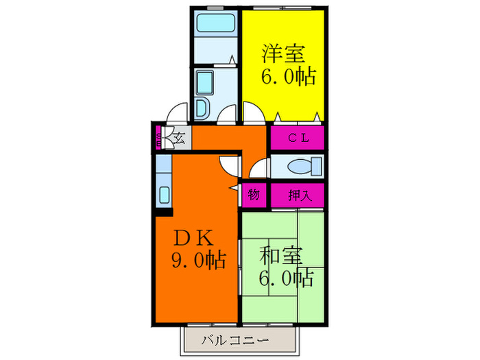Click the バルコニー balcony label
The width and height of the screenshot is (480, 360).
click(236, 339)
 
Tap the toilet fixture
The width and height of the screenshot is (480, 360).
click(302, 167)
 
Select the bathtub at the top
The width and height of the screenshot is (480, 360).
click(215, 25)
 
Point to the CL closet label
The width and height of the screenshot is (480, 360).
click(297, 138)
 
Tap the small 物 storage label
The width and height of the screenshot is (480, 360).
click(253, 195)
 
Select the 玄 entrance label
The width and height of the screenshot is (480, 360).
click(179, 138)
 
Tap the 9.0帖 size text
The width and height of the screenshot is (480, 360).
click(198, 261)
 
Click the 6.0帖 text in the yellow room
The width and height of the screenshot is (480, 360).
click(287, 76)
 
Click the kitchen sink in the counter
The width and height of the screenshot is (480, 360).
click(165, 193)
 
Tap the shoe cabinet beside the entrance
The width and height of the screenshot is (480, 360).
click(158, 138)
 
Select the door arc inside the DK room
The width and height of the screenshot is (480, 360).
click(228, 165)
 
